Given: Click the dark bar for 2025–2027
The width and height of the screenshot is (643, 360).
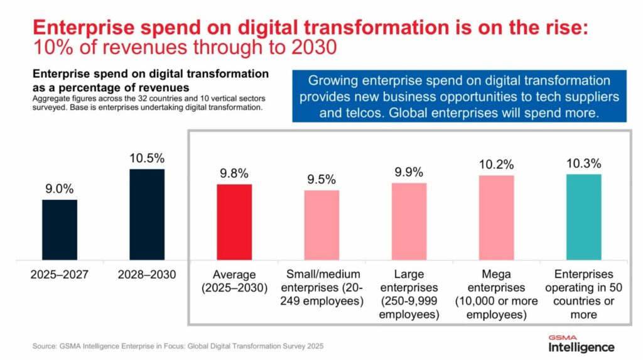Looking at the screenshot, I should point(60,229).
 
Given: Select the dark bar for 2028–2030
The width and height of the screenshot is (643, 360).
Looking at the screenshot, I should point(147,214).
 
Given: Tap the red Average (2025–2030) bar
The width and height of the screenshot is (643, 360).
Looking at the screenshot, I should point(234,222).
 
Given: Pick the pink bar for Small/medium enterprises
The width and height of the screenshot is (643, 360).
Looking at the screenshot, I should point(321,225).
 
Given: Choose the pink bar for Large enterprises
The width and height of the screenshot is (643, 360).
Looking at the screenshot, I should point(409,221).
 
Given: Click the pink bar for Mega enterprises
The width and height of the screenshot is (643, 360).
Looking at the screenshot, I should point(496,217).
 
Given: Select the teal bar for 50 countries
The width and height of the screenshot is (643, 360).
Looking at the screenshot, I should point(583,217).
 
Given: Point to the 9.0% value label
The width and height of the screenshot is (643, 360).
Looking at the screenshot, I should point(60,187).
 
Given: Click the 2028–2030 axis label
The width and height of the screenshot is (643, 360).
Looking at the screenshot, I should point(147,274).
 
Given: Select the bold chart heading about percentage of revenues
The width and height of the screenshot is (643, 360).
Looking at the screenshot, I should point(151,80).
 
